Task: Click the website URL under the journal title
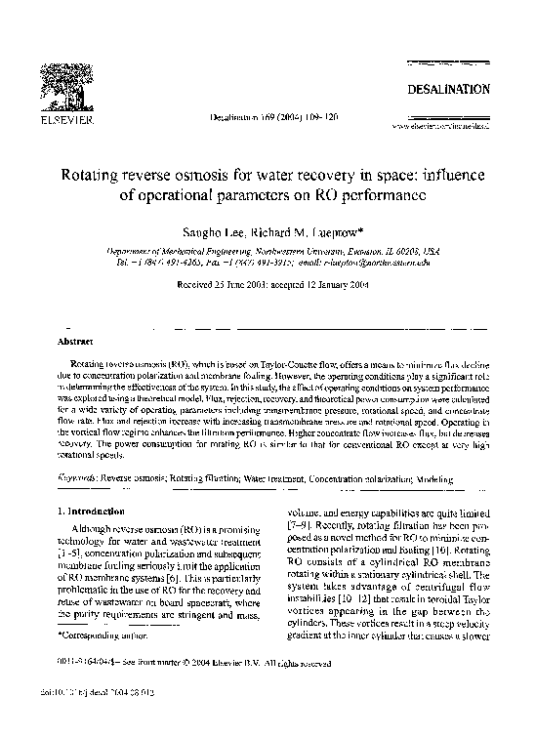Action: coord(439,125)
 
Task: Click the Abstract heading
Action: coord(76,344)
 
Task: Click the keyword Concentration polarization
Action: coord(362,479)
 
